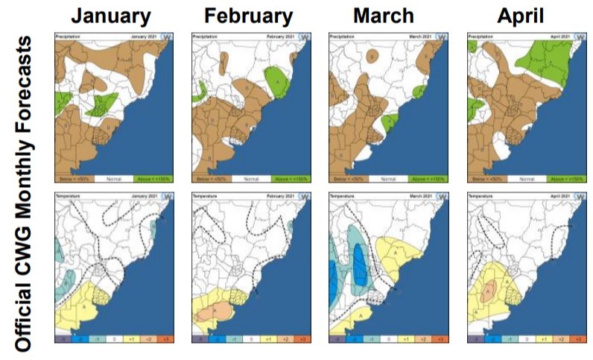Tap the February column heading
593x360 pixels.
pos(248,16)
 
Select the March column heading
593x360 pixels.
pos(384,16)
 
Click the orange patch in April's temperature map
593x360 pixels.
pos(487,291)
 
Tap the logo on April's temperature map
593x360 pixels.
pos(579,196)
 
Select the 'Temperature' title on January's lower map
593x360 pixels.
pos(67,195)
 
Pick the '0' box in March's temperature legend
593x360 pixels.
pos(384,338)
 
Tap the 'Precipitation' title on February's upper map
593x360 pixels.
pos(205,36)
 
